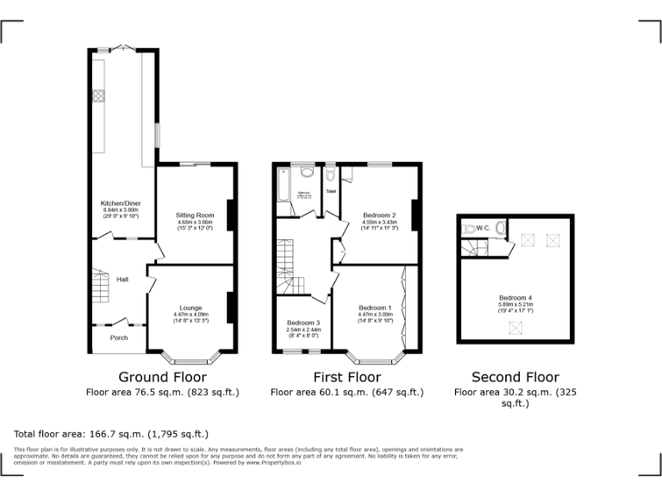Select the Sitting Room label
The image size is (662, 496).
pyautogui.click(x=196, y=214)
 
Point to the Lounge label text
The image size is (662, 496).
pyautogui.click(x=190, y=307)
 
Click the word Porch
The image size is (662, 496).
pyautogui.click(x=118, y=338)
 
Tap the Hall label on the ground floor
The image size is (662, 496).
pyautogui.click(x=123, y=279)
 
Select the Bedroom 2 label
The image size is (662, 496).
pyautogui.click(x=379, y=214)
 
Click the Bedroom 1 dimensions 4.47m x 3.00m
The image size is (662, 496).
pyautogui.click(x=375, y=315)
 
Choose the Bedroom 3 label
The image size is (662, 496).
pyautogui.click(x=303, y=322)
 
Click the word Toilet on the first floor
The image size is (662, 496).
pyautogui.click(x=330, y=191)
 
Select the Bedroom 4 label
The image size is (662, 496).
pyautogui.click(x=515, y=297)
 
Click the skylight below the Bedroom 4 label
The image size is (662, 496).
pyautogui.click(x=515, y=325)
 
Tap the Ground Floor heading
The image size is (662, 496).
pyautogui.click(x=162, y=377)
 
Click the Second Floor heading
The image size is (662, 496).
pyautogui.click(x=515, y=377)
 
